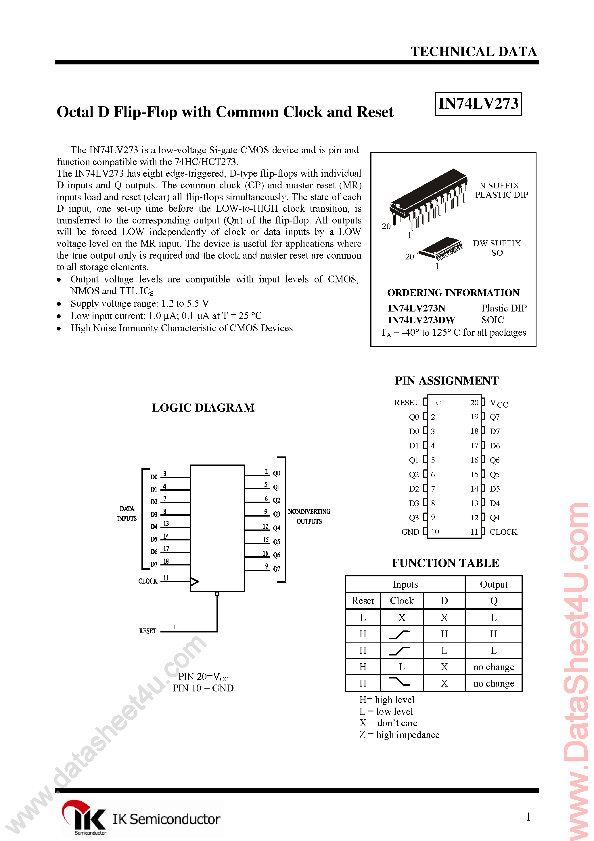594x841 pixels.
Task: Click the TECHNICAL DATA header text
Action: [474, 52]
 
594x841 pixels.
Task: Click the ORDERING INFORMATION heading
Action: [453, 293]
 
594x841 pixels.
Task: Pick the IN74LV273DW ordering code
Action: [421, 320]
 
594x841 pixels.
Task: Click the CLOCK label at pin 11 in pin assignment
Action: [503, 532]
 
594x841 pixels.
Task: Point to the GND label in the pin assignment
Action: [410, 532]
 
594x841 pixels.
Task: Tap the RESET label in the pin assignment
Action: [407, 403]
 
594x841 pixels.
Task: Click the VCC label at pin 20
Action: [499, 403]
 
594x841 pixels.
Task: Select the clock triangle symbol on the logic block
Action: [194, 581]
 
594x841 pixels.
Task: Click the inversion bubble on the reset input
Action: [217, 594]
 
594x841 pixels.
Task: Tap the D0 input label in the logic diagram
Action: [154, 477]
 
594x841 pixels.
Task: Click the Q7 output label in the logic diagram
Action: [277, 569]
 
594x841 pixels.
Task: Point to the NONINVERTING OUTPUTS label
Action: [309, 516]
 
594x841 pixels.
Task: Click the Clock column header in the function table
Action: [401, 601]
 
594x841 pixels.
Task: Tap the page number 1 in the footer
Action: [528, 817]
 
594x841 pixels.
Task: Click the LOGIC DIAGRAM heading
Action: [203, 408]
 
